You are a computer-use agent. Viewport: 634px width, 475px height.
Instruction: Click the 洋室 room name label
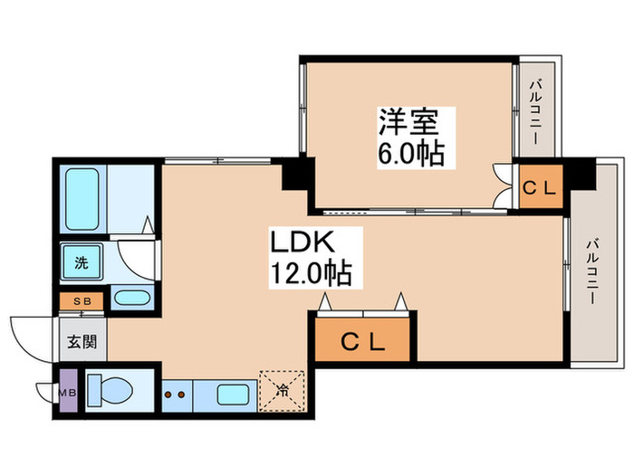click(x=409, y=122)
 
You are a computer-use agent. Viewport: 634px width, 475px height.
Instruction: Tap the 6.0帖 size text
click(x=409, y=154)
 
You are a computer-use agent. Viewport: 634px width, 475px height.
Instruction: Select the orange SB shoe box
click(x=81, y=299)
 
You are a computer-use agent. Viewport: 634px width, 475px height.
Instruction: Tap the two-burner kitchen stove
click(x=177, y=394)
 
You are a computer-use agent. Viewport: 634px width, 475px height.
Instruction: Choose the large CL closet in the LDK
click(x=363, y=342)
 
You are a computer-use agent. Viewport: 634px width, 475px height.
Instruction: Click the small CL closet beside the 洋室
click(x=541, y=188)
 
